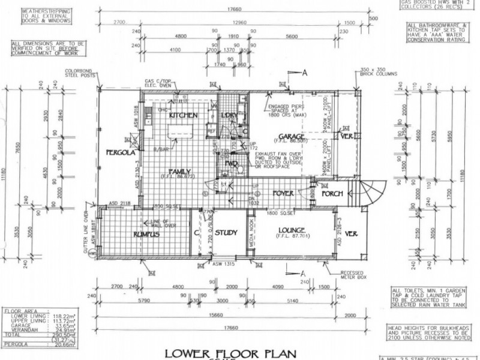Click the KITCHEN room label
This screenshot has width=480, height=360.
click(184, 115)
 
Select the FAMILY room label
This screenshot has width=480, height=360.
click(178, 170)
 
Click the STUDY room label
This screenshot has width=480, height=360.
click(226, 232)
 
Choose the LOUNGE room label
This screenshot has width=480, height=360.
click(292, 230)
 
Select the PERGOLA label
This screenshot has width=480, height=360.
click(119, 152)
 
